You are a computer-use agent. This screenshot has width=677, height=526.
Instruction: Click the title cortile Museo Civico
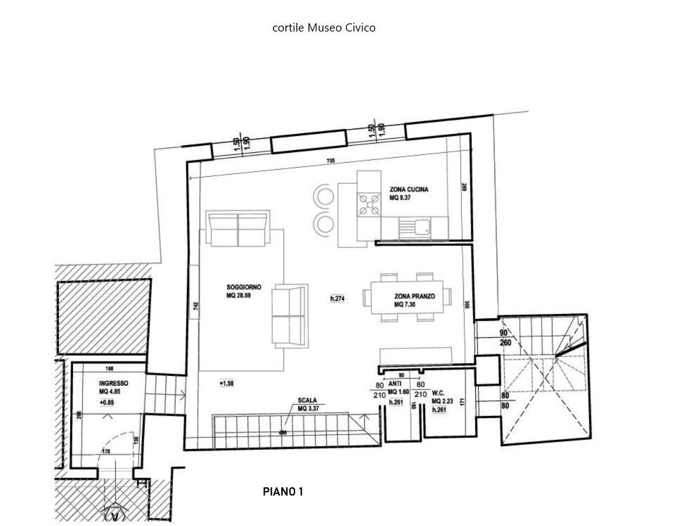[x=324, y=27]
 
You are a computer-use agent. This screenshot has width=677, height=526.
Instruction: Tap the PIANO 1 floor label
[x=283, y=492]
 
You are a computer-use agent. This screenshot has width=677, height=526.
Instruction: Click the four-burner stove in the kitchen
[x=369, y=205]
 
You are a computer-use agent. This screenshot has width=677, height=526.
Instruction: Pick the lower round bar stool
[x=324, y=224]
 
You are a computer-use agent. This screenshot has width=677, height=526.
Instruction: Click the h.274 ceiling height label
[x=338, y=299]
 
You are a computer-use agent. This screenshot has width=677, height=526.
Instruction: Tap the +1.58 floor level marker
[x=227, y=383]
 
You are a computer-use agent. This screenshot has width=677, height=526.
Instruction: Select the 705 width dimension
[x=330, y=161]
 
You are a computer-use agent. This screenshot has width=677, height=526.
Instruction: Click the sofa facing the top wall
[x=238, y=229]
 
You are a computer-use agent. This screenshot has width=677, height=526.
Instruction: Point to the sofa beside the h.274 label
[x=289, y=314]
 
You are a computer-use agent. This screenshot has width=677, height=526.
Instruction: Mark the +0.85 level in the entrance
[x=107, y=403]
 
